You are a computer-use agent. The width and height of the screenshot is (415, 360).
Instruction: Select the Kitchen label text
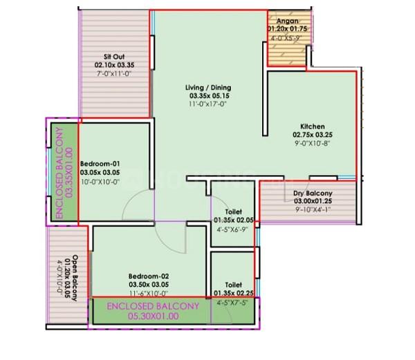click(x=308, y=126)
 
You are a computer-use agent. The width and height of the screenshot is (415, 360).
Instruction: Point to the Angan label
click(x=287, y=21)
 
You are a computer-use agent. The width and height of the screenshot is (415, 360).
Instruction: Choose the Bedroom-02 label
click(x=149, y=274)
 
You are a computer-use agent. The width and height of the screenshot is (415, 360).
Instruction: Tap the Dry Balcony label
click(x=313, y=193)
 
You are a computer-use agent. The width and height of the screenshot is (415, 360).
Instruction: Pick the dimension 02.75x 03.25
click(x=308, y=135)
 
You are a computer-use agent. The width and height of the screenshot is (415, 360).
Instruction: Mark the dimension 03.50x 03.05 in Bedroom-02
click(x=149, y=283)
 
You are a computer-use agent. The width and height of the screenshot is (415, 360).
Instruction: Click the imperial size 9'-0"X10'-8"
click(x=308, y=144)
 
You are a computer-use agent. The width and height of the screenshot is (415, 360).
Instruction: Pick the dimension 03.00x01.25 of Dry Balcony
click(x=313, y=201)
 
